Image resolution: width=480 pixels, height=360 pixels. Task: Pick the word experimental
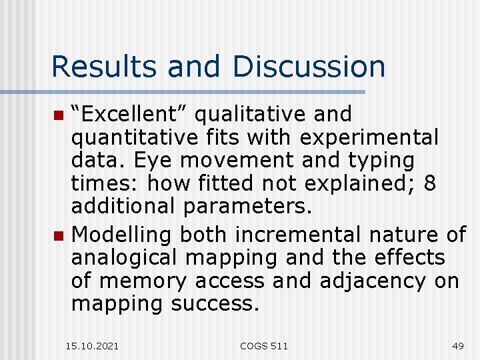(x=369, y=138)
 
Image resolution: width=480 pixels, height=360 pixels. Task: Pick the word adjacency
(x=372, y=281)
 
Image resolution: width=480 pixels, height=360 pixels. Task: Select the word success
(x=213, y=304)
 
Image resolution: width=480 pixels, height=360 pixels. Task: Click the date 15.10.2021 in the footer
(x=93, y=345)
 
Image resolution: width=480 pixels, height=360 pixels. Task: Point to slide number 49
(x=457, y=345)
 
